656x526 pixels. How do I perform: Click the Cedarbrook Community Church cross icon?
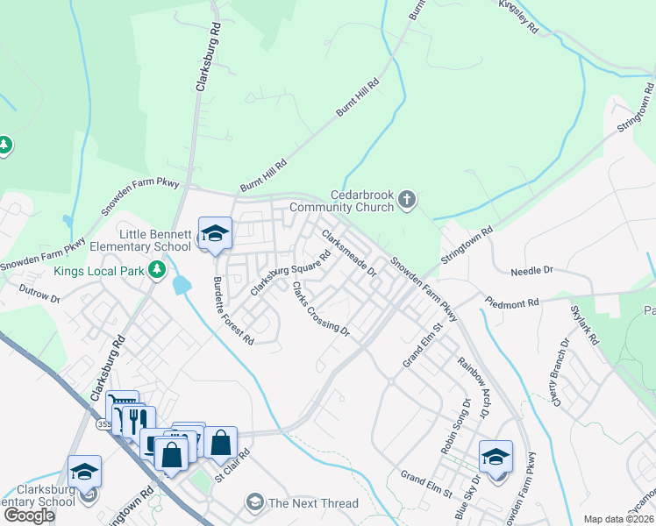(x=406, y=201)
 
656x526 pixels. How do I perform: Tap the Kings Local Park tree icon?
(x=157, y=270)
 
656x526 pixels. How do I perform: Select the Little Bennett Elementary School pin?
(x=215, y=234)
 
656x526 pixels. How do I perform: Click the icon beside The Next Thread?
(x=254, y=502)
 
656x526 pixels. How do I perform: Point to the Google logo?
(x=29, y=515)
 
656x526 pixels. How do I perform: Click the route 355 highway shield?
(x=103, y=423)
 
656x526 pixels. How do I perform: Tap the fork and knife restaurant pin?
(x=135, y=419)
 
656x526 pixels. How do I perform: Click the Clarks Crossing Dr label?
(x=321, y=309)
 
